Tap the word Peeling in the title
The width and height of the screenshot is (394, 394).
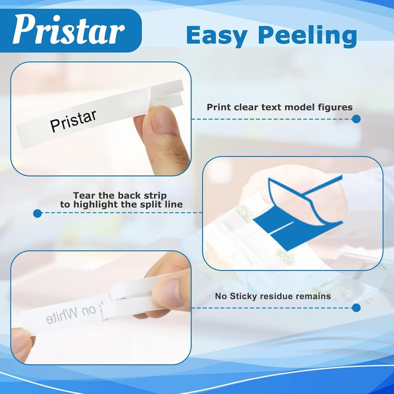click(307, 36)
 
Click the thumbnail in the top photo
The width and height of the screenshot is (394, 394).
click(164, 121)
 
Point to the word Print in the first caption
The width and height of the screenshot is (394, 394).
click(219, 107)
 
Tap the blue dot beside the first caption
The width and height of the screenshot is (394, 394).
click(356, 119)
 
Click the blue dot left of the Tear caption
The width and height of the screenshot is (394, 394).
click(37, 213)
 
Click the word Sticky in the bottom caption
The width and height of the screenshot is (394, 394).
click(245, 296)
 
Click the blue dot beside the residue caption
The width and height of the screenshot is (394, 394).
click(356, 308)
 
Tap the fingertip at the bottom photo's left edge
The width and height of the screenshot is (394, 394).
click(21, 345)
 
